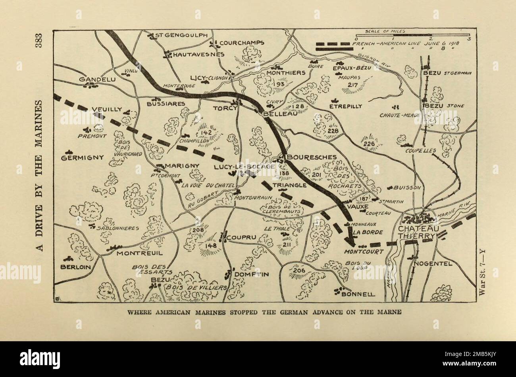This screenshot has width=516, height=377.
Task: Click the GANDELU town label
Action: [x=98, y=79]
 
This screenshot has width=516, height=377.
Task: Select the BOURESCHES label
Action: [x=311, y=157]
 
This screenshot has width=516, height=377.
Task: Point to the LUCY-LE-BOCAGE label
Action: [x=244, y=167]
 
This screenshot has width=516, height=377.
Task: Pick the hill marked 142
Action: [x=206, y=133]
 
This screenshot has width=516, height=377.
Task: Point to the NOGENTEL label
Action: [x=433, y=263]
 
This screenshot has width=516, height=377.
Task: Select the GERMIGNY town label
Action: [x=82, y=157]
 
